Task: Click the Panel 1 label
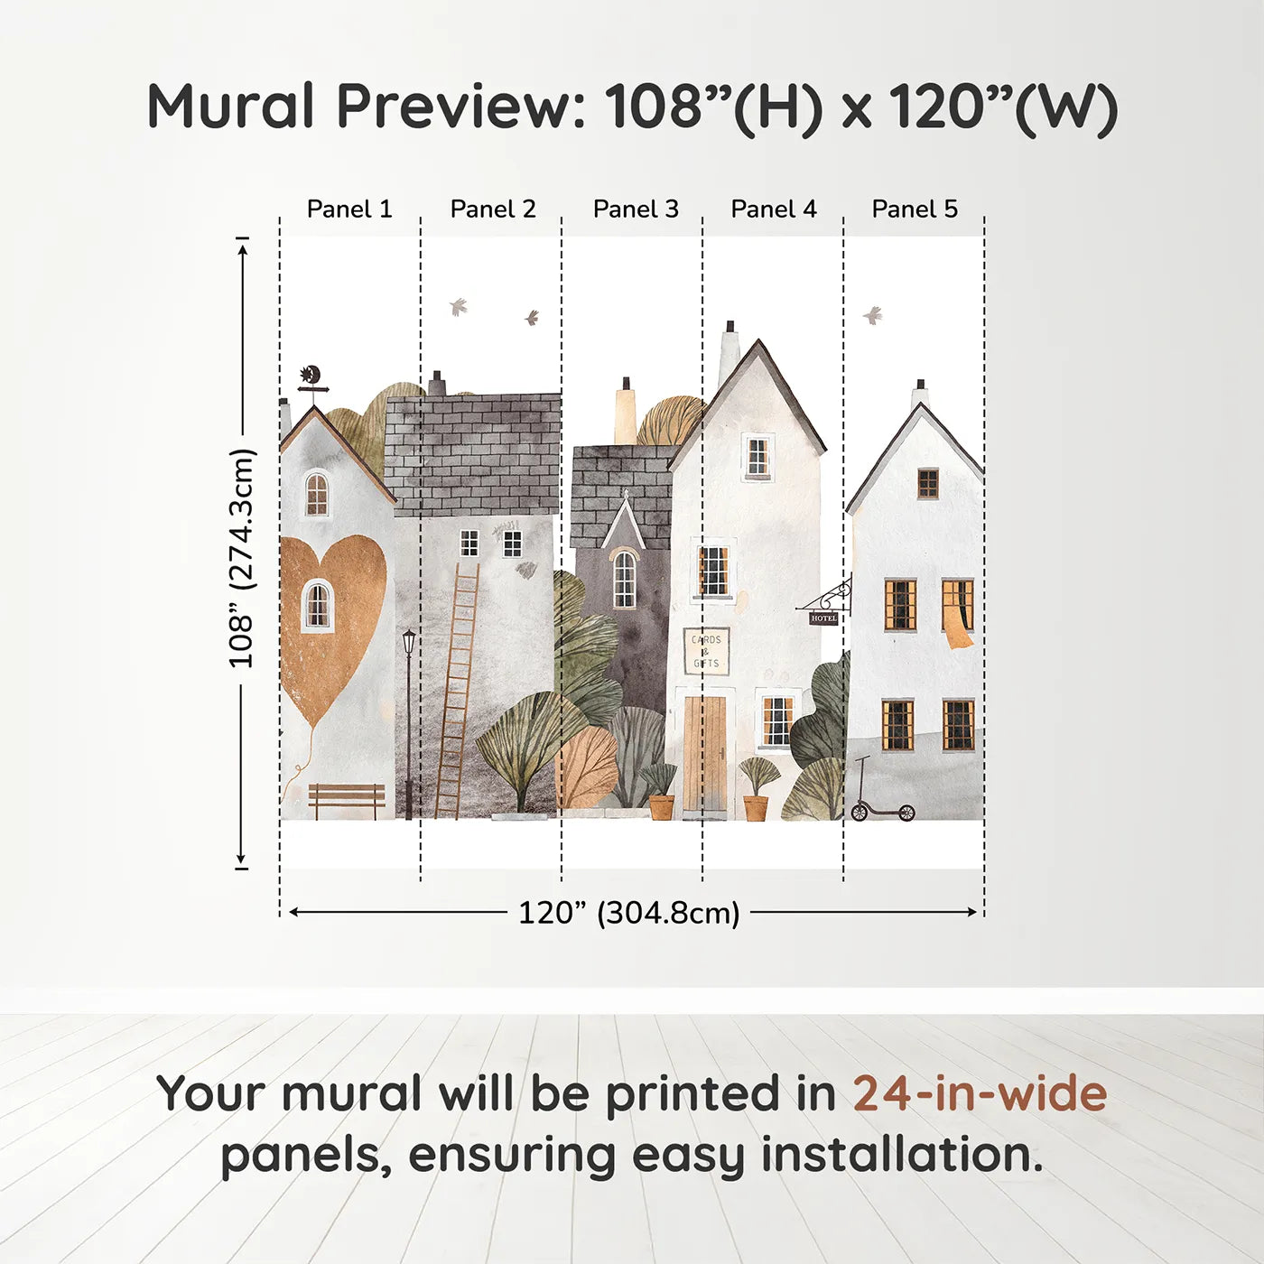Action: (x=349, y=209)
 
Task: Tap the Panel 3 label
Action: (x=635, y=209)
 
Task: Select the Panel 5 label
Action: (x=914, y=209)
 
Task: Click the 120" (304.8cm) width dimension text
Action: (x=628, y=913)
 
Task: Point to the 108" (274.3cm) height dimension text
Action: (x=242, y=558)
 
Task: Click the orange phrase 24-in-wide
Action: (x=980, y=1093)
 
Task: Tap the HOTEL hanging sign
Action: (x=823, y=618)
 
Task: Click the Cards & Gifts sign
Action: (x=706, y=651)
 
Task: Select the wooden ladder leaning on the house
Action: (x=458, y=691)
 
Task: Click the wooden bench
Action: (x=347, y=799)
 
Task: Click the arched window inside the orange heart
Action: (x=317, y=605)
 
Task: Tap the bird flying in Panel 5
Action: (x=872, y=315)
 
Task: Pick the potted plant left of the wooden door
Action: (x=660, y=791)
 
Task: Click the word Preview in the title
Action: (x=461, y=107)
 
